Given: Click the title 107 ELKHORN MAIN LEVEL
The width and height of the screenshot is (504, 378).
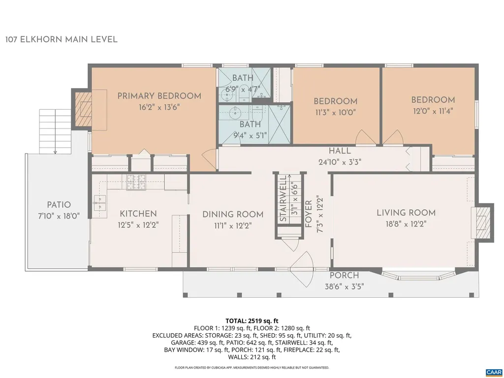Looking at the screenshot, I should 62,39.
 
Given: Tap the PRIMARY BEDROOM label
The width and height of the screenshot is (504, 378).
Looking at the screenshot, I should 159,96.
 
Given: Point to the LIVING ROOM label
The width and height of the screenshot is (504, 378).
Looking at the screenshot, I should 406,213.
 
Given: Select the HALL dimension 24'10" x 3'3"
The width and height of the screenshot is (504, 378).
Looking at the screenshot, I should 340,162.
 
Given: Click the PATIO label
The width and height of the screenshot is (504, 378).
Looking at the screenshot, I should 59,205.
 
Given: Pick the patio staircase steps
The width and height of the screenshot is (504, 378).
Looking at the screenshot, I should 55,131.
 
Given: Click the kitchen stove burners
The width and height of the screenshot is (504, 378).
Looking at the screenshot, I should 134,180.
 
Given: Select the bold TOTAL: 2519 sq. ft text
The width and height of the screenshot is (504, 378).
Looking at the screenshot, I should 252,320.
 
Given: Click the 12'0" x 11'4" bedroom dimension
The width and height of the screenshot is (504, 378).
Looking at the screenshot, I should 433,111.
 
